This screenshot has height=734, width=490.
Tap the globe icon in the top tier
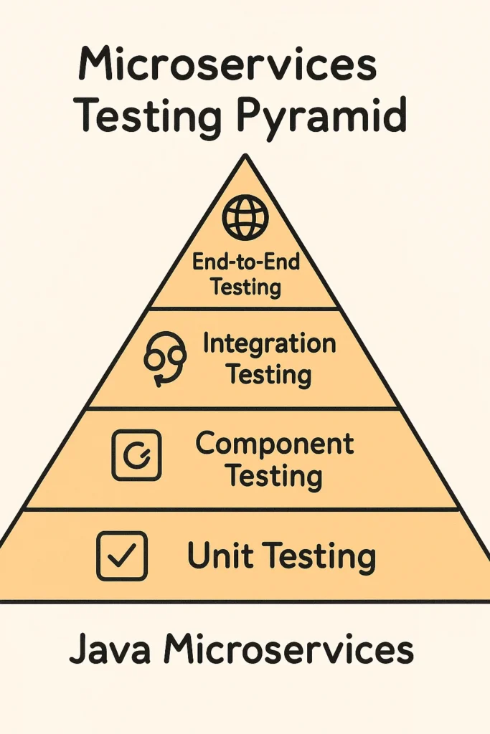click(245, 218)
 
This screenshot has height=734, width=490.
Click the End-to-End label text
click(246, 261)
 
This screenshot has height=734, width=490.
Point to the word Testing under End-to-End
click(246, 287)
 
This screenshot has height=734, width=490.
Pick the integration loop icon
click(164, 360)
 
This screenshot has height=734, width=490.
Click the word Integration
click(269, 345)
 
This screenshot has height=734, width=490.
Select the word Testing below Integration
click(269, 375)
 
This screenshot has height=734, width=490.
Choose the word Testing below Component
click(275, 476)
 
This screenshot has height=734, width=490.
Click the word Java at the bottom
click(110, 649)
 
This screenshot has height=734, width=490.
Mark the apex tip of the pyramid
click(245, 155)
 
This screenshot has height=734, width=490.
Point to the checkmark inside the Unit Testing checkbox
click(122, 556)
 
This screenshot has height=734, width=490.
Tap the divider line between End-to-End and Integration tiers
click(245, 309)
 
